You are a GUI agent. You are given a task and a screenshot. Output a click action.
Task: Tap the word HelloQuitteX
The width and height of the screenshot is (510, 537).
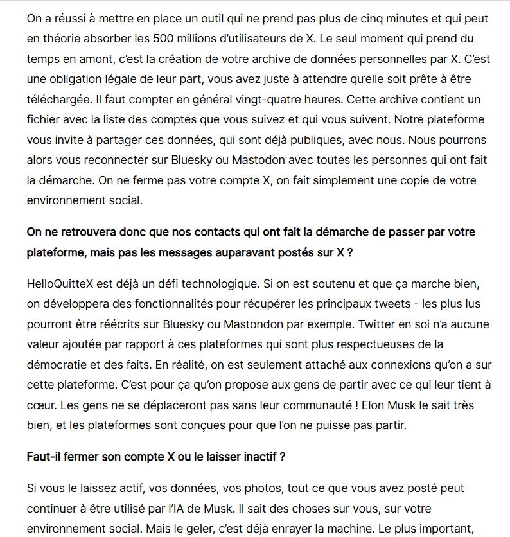tap(58, 283)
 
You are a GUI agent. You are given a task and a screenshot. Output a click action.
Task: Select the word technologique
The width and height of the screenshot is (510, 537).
tap(199, 283)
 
